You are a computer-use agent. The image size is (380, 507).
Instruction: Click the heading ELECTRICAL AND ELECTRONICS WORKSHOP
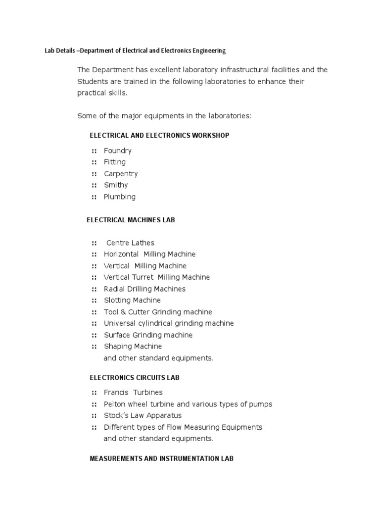pyautogui.click(x=159, y=135)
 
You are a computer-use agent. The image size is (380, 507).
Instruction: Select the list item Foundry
pyautogui.click(x=117, y=151)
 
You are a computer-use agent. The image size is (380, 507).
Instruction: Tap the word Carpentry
pyautogui.click(x=121, y=174)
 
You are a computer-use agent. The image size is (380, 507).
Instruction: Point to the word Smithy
pyautogui.click(x=116, y=185)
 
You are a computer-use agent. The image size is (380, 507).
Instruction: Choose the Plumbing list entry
pyautogui.click(x=119, y=197)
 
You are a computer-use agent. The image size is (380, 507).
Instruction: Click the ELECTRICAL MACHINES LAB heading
pyautogui.click(x=131, y=220)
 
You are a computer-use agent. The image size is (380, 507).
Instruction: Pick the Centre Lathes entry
pyautogui.click(x=130, y=243)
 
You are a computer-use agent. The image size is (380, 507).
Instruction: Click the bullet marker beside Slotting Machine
pyautogui.click(x=94, y=301)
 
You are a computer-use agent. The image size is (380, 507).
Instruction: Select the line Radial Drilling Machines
pyautogui.click(x=144, y=289)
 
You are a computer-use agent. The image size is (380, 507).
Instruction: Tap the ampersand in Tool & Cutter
pyautogui.click(x=123, y=312)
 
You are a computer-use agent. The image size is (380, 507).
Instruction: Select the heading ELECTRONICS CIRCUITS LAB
pyautogui.click(x=134, y=378)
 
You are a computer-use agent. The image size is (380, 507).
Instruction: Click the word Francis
pyautogui.click(x=116, y=393)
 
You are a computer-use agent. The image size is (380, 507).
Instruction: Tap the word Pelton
pyautogui.click(x=115, y=404)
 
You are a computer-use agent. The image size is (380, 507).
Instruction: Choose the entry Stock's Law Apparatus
pyautogui.click(x=142, y=415)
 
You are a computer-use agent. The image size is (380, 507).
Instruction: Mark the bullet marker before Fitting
pyautogui.click(x=94, y=162)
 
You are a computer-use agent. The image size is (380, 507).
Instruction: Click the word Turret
pyautogui.click(x=142, y=277)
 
